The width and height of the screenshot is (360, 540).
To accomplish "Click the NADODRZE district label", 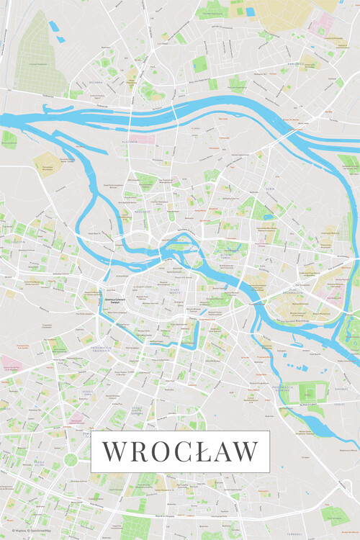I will point(141,212).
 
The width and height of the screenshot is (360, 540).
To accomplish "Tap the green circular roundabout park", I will point(71,459).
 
